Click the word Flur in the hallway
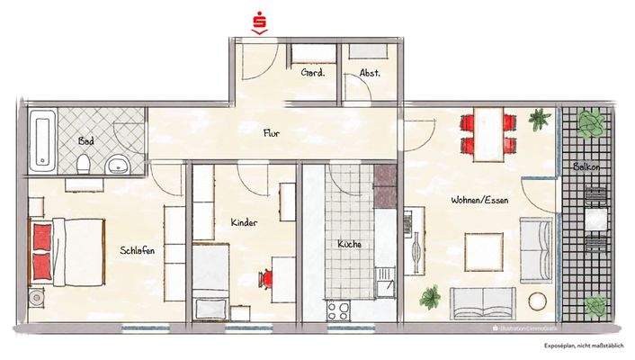(270, 133)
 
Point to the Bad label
(86, 141)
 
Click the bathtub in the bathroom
(41, 141)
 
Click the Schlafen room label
(137, 251)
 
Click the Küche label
(350, 244)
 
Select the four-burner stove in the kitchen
(340, 310)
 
